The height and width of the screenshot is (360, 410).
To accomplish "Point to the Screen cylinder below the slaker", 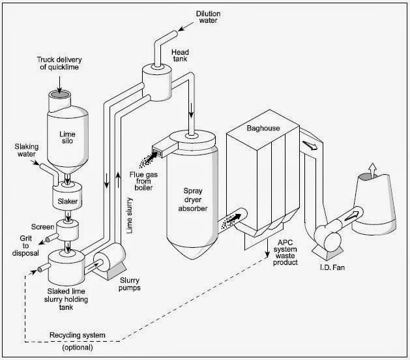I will (x=67, y=230).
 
